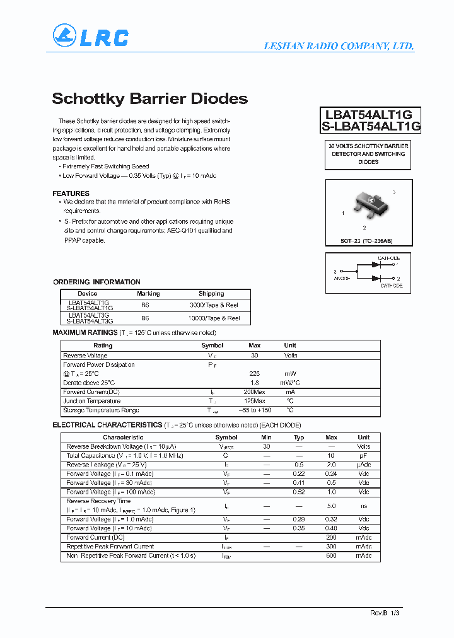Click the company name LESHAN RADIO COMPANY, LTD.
click(x=338, y=46)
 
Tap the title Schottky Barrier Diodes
click(x=149, y=99)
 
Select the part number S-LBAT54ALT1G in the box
click(x=371, y=126)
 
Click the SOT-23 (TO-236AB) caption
click(x=367, y=241)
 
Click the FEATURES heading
click(x=71, y=194)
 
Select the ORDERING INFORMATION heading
click(x=96, y=282)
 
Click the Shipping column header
click(x=211, y=294)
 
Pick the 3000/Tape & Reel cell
click(x=214, y=305)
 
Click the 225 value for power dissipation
click(x=255, y=374)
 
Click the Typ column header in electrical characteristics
click(x=299, y=438)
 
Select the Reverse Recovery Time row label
click(x=98, y=501)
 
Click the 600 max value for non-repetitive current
click(x=331, y=555)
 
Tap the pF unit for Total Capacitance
click(x=364, y=455)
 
